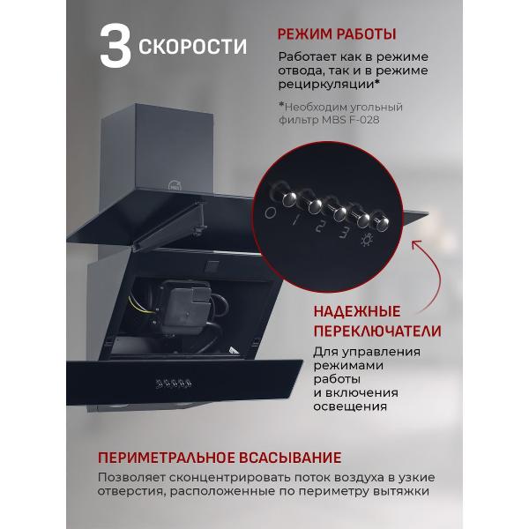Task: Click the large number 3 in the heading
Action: pyautogui.click(x=115, y=48)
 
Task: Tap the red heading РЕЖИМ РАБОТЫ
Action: pyautogui.click(x=336, y=34)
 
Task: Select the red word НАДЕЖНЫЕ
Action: pyautogui.click(x=357, y=312)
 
